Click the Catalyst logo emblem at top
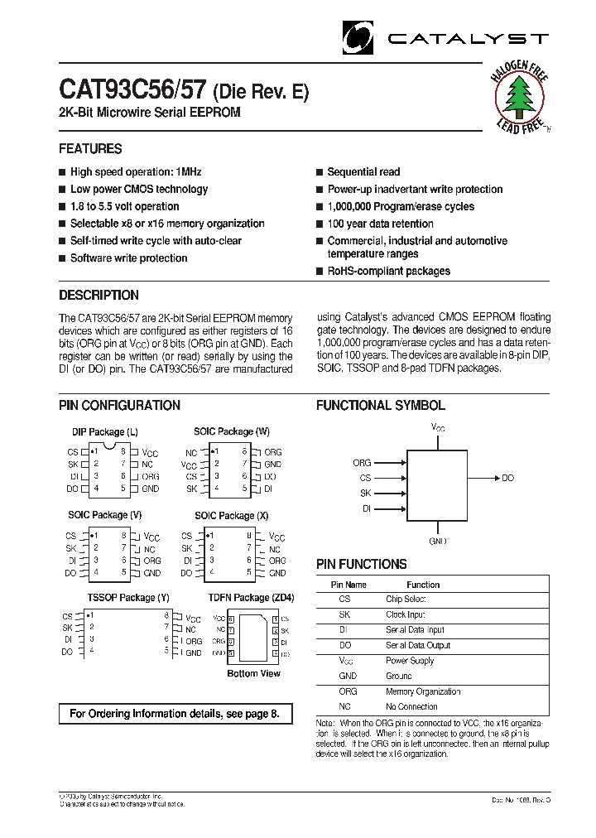tap(358, 38)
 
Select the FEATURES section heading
tap(90, 149)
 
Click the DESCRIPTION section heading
tap(99, 296)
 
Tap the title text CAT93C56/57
tap(133, 90)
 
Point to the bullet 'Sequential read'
tap(363, 172)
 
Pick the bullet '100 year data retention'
tap(380, 224)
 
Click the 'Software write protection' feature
tap(128, 258)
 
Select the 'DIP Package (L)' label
tap(104, 432)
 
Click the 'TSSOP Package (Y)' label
tap(128, 597)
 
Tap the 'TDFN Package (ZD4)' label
tap(251, 597)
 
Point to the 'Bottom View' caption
tap(253, 673)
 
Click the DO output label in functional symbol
tap(507, 478)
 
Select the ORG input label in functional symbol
tap(362, 463)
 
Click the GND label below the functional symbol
tap(438, 541)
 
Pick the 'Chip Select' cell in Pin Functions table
tap(406, 599)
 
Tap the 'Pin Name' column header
tap(348, 584)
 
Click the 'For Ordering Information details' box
tap(175, 713)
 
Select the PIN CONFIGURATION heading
tap(119, 406)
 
